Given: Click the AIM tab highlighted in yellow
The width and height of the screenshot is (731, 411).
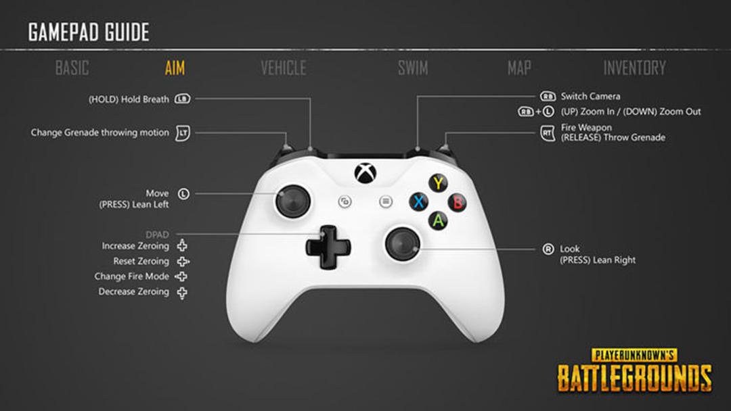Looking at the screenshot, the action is [175, 68].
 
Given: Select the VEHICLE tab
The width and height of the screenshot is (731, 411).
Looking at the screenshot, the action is [284, 68].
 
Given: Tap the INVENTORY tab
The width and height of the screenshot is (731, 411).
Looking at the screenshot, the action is [634, 68].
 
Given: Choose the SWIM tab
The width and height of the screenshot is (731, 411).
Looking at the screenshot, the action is [413, 68].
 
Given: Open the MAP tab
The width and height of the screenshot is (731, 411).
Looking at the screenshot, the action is [519, 68].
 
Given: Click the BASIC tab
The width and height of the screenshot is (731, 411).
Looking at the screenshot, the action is [72, 68].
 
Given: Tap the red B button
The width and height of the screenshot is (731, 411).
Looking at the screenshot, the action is [458, 203].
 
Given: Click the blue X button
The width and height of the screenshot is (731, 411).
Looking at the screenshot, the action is [419, 202].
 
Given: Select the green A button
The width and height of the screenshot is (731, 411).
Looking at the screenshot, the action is [438, 220].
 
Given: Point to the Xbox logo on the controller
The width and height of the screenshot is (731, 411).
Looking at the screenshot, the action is [365, 173].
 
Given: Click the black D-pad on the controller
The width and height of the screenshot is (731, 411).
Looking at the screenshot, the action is [328, 247].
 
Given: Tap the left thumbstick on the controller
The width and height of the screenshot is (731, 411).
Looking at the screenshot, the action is [293, 201].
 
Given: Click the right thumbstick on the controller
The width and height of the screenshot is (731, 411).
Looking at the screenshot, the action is [403, 244].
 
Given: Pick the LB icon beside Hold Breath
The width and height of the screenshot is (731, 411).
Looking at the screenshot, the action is [182, 99].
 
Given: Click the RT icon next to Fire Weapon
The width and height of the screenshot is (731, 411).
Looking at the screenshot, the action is [548, 132].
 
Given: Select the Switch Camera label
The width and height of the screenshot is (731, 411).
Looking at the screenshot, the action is [590, 97].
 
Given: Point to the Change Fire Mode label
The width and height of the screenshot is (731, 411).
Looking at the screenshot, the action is [131, 276].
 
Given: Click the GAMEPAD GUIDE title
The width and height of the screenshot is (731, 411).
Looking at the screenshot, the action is [89, 32].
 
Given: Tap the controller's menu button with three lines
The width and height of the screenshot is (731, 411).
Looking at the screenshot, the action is [386, 201].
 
